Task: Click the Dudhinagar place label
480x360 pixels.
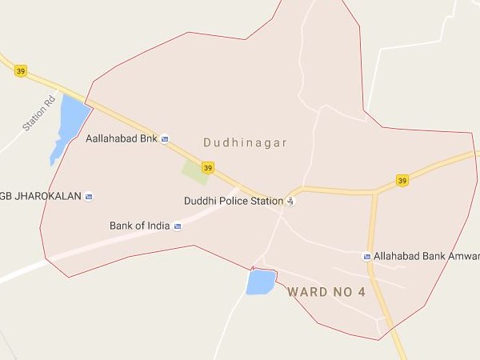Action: (245, 143)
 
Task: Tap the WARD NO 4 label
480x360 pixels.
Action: (326, 292)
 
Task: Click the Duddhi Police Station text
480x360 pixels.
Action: (234, 201)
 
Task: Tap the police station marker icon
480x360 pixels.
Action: (290, 201)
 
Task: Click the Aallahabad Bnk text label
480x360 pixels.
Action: (121, 138)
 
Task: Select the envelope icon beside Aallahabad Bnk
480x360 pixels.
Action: (165, 138)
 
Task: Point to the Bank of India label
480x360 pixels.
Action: (139, 226)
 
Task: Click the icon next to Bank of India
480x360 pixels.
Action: (178, 226)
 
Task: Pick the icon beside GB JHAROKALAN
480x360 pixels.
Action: (89, 197)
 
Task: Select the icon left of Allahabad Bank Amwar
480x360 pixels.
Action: (367, 256)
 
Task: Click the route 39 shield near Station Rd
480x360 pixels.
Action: (21, 71)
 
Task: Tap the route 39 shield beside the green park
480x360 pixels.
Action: (208, 167)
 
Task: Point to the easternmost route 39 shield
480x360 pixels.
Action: (402, 180)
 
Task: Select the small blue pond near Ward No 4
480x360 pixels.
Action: (259, 282)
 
